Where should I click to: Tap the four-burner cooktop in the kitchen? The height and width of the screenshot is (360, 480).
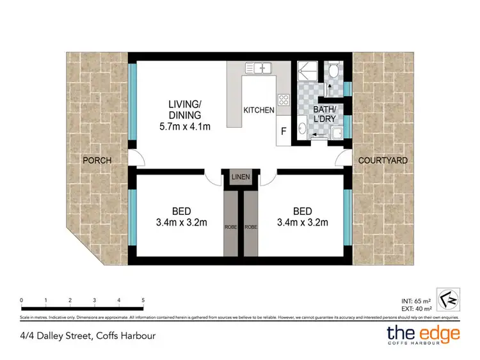(282, 100)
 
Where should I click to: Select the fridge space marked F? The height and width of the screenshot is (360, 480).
(283, 132)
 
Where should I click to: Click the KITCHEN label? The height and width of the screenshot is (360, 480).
(259, 111)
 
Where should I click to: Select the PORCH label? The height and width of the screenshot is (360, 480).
(97, 160)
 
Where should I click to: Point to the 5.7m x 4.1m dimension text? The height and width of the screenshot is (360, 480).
(185, 127)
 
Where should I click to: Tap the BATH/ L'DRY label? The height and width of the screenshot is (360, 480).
(324, 114)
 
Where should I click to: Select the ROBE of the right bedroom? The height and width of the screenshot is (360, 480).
(251, 226)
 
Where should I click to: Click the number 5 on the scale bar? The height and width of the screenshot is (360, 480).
(143, 299)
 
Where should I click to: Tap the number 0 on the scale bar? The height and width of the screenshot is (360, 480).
(21, 299)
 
